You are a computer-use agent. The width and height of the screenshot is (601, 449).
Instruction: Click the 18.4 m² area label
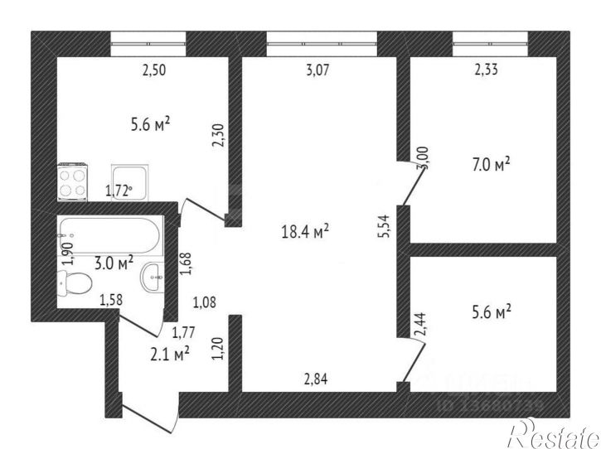click(305, 231)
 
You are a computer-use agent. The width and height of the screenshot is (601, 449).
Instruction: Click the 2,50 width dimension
click(154, 70)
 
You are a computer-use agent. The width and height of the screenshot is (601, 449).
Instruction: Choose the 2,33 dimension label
click(487, 70)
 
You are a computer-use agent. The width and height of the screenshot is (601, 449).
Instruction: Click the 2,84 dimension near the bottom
click(315, 380)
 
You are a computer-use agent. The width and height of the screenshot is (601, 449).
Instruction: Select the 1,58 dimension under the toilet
click(112, 300)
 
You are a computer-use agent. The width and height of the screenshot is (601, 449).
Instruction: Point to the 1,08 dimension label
click(204, 301)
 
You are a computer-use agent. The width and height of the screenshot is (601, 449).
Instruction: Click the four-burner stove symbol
click(73, 181)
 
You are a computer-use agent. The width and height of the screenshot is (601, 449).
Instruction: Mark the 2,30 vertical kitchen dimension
click(219, 135)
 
